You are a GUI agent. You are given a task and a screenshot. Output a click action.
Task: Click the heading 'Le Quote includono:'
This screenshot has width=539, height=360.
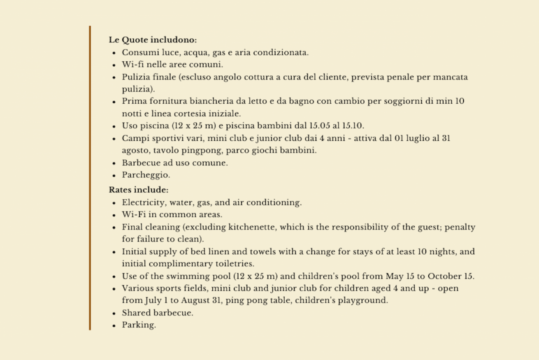[x=153, y=40]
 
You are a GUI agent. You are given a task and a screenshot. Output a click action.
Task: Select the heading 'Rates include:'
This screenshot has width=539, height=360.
[x=139, y=190]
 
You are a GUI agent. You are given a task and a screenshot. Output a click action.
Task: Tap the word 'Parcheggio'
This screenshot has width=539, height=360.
[x=145, y=175]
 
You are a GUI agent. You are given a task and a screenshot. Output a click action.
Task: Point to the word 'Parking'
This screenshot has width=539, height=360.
[x=138, y=325]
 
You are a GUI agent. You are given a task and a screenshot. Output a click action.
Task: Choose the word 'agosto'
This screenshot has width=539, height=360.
[x=135, y=150]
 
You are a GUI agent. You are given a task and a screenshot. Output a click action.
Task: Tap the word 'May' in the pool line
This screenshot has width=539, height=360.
[x=395, y=276]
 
